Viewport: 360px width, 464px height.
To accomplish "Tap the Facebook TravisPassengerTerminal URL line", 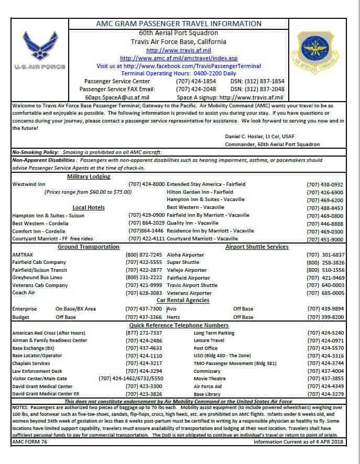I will [178, 66].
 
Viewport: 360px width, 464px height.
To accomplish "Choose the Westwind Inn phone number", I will [146, 184].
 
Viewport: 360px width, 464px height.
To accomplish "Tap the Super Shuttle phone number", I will [325, 262].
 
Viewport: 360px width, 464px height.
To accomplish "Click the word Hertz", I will [174, 317].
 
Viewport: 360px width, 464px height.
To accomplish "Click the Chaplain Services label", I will [31, 363].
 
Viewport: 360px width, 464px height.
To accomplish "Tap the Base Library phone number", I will [325, 393].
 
